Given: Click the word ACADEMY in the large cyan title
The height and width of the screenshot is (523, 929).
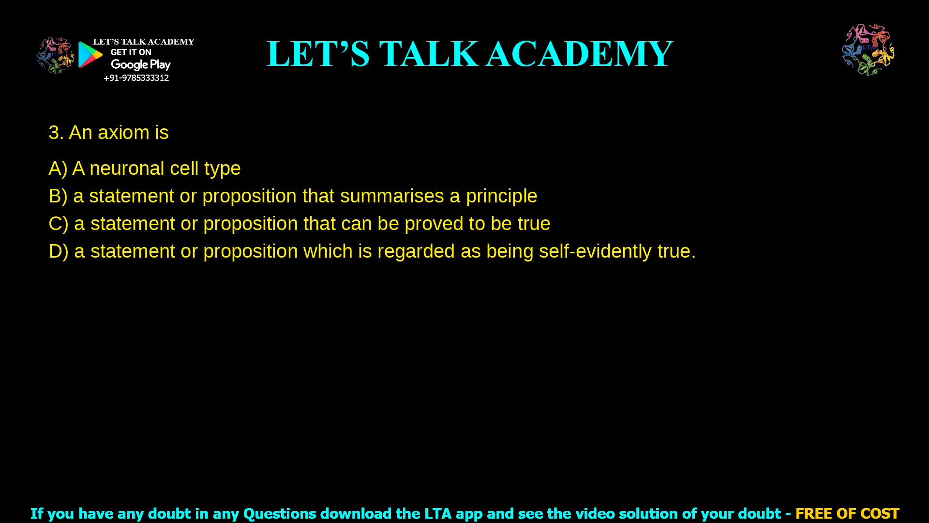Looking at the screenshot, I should coord(579,54).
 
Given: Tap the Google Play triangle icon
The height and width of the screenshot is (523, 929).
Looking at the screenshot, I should coord(90,55).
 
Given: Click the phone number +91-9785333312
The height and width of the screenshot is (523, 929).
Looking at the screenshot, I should coord(136,78).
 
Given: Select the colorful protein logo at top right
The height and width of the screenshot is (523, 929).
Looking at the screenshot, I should coord(868,50).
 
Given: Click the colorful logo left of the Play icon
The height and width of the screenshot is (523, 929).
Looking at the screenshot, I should coord(55,56).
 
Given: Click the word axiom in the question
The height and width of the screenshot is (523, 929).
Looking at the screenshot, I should coord(123,133).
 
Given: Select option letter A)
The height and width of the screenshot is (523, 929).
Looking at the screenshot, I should coord(58,169).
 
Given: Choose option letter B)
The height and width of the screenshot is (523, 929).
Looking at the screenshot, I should coord(58,196).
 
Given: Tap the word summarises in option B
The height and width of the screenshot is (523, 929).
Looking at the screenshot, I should coord(392,196).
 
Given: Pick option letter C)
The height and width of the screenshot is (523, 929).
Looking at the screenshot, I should coord(58,224).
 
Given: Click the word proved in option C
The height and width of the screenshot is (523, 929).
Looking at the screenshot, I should coord(434,224).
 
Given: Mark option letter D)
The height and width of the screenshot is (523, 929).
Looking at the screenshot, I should coord(58,251).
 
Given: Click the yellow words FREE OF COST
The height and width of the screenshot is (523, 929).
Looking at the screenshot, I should coord(847,513).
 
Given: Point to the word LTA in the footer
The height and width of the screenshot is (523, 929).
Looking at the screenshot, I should coord(437,513).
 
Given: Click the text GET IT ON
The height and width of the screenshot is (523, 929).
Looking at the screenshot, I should coord(131,52).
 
